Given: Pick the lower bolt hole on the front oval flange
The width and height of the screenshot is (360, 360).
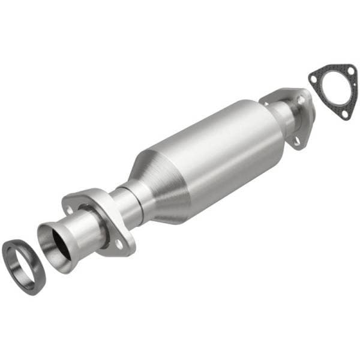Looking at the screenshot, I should [119, 244].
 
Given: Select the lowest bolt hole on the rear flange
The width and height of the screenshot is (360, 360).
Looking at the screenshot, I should [296, 141].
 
